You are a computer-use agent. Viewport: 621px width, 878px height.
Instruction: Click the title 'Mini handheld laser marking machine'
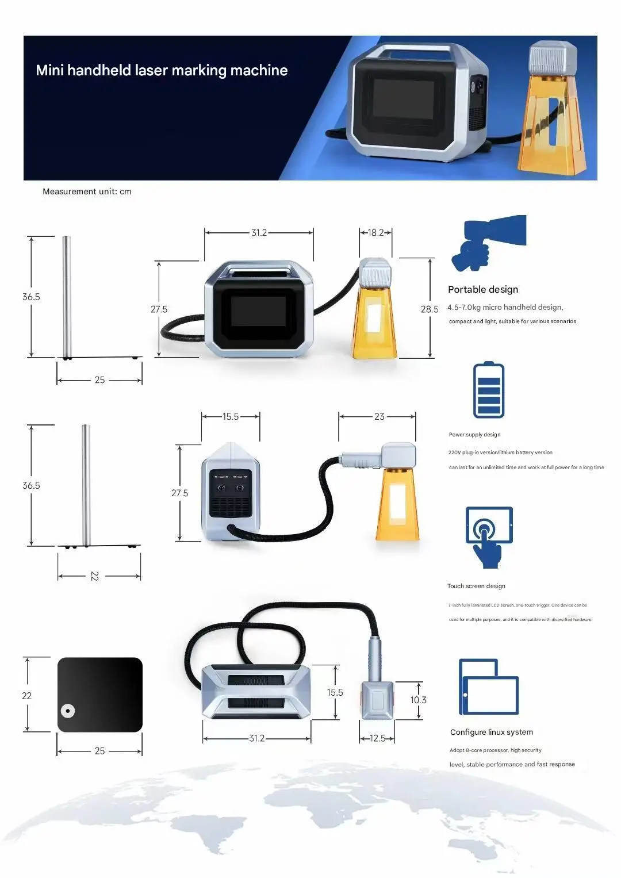pos(162,70)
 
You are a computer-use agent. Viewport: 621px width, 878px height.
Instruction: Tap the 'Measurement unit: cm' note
pos(87,191)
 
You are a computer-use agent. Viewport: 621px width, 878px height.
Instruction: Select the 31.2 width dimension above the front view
pos(259,233)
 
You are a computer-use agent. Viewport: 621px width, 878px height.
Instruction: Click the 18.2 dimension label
pos(375,233)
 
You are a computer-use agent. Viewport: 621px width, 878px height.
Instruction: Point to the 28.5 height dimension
pos(429,309)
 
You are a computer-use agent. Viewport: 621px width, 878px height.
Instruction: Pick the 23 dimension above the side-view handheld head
pos(379,417)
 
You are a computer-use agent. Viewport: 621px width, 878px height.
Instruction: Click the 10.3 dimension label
pos(418,700)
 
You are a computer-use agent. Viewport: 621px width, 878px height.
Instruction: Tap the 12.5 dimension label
pos(377,738)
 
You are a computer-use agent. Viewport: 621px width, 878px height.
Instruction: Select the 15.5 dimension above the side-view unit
pos(231,417)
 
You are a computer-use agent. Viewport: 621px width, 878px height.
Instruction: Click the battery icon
pos(488,390)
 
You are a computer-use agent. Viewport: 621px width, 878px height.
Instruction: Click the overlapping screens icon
pos(488,687)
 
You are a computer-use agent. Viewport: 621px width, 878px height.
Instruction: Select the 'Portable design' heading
pos(483,289)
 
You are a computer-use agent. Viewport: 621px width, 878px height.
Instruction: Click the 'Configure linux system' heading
pos(491,732)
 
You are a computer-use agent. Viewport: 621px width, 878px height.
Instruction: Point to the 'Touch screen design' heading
pos(476,586)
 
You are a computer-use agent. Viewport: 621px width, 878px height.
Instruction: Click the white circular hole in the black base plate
pos(68,711)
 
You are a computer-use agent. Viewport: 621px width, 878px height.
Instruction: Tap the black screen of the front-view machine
pos(258,311)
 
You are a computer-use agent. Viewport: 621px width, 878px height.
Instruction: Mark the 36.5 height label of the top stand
pos(31,297)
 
